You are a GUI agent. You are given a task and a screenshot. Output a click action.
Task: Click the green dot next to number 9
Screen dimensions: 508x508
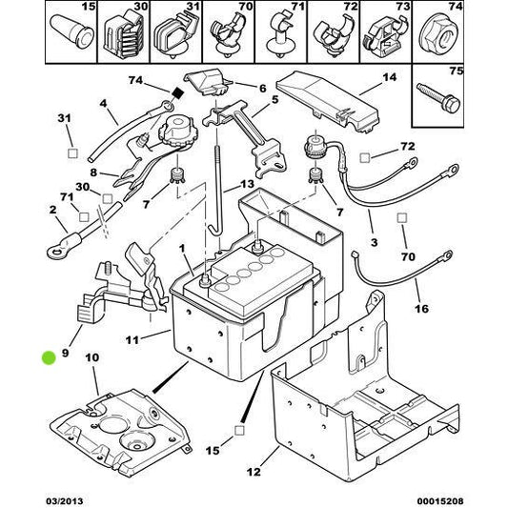(x=49, y=358)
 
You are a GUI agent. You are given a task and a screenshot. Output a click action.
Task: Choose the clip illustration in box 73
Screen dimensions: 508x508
(x=391, y=29)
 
